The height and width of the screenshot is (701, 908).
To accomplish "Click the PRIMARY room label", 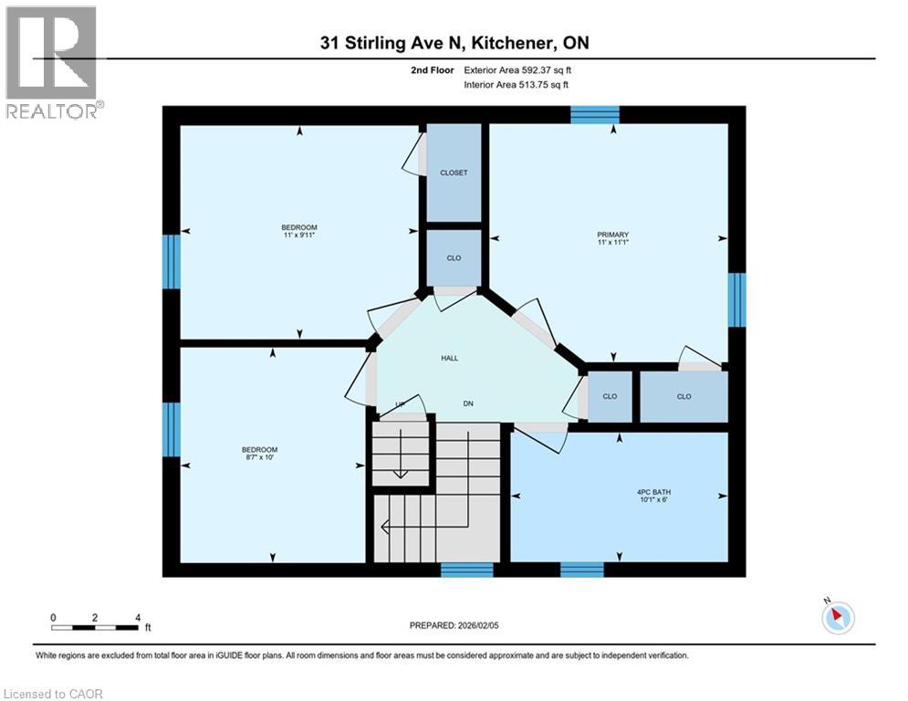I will [x=613, y=235].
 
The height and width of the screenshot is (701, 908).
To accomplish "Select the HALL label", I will [x=449, y=358].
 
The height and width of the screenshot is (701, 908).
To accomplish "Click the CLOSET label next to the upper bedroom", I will [x=454, y=173].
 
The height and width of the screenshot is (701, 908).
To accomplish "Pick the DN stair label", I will [x=467, y=404].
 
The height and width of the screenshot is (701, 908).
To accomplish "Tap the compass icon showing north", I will [x=836, y=618].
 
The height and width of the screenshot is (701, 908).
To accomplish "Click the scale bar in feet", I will [x=95, y=627].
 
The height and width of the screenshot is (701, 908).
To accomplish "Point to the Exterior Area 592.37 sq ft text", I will [x=517, y=69].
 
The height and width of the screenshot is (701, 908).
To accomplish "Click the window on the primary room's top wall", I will [x=595, y=114].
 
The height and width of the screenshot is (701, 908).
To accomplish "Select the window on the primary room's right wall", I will [x=736, y=299].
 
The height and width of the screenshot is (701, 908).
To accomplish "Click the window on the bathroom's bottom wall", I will [x=581, y=570].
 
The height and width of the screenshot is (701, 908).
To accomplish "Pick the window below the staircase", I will [x=466, y=570].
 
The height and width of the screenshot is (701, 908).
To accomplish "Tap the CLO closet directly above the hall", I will [x=454, y=257].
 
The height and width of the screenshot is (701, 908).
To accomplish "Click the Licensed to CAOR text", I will [x=54, y=694].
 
